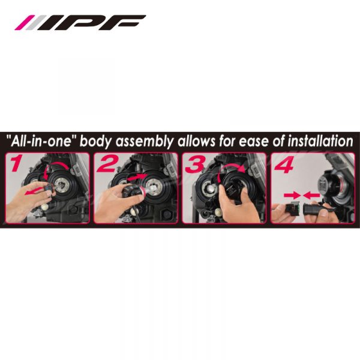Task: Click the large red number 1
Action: pos(16,163)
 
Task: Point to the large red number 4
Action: pos(284,164)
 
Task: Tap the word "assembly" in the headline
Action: pos(144,142)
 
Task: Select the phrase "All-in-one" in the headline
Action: pos(41,140)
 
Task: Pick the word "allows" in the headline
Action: pos(196,141)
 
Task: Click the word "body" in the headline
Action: pos(95,142)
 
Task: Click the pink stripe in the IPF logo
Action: pos(25,23)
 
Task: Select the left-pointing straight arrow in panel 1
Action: pos(34,191)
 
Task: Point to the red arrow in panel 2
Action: pos(136,177)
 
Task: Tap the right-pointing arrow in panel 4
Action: pos(292,196)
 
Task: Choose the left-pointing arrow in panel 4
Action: pos(311,196)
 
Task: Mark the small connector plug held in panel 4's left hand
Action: pos(292,209)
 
